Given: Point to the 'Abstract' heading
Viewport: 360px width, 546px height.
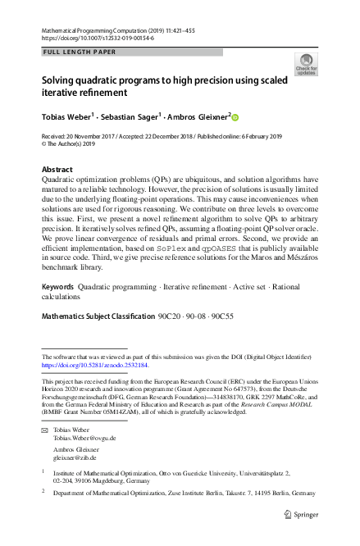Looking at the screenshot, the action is [x=56, y=170].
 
